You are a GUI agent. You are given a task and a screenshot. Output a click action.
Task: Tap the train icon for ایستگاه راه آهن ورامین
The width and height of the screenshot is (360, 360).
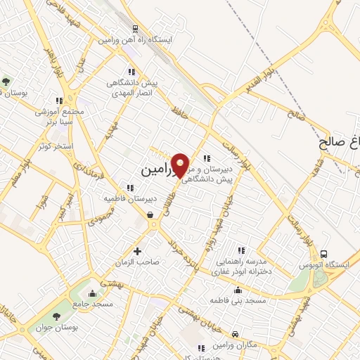(134, 29)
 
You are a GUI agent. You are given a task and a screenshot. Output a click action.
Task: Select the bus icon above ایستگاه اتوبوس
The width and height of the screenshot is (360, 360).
(323, 253)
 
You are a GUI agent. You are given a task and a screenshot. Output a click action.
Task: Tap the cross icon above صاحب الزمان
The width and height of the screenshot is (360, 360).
(137, 251)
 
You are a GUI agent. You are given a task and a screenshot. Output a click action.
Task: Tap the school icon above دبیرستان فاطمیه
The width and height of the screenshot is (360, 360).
(130, 188)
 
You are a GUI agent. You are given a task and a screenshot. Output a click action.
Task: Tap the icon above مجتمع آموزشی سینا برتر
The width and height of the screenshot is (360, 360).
(60, 101)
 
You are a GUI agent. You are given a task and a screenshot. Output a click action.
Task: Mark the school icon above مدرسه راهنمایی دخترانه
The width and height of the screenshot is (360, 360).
(241, 250)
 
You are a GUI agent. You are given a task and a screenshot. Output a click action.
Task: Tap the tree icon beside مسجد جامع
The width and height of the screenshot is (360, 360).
(76, 304)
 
